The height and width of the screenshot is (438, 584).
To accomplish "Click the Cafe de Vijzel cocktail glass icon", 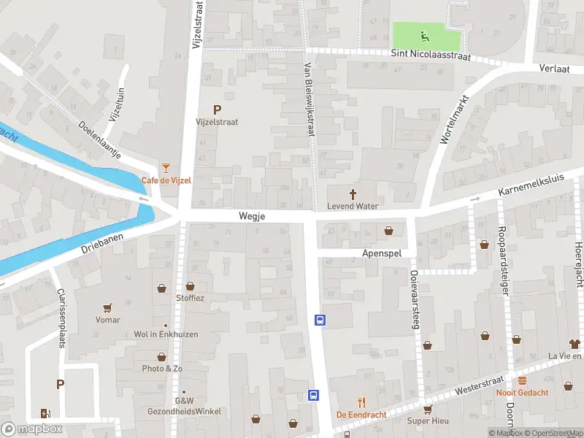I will (166, 168).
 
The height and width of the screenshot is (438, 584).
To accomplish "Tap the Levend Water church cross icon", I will (353, 193).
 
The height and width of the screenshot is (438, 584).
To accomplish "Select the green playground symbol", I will (423, 34).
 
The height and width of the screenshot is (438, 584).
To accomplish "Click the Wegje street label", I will (251, 217).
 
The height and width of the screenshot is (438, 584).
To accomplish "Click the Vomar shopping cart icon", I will (108, 308).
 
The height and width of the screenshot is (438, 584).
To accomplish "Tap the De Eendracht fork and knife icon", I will (361, 402).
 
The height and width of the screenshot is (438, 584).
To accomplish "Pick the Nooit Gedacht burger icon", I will (523, 380).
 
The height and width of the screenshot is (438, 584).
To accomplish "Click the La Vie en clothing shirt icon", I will (575, 343).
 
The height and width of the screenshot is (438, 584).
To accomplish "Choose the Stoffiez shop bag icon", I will (191, 286).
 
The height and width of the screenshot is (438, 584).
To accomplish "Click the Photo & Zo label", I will (162, 369).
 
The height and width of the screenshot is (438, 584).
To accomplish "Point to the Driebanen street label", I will (99, 240).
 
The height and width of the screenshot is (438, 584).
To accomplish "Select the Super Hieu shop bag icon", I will (428, 409).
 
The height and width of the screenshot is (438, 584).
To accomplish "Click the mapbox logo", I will (31, 429).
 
